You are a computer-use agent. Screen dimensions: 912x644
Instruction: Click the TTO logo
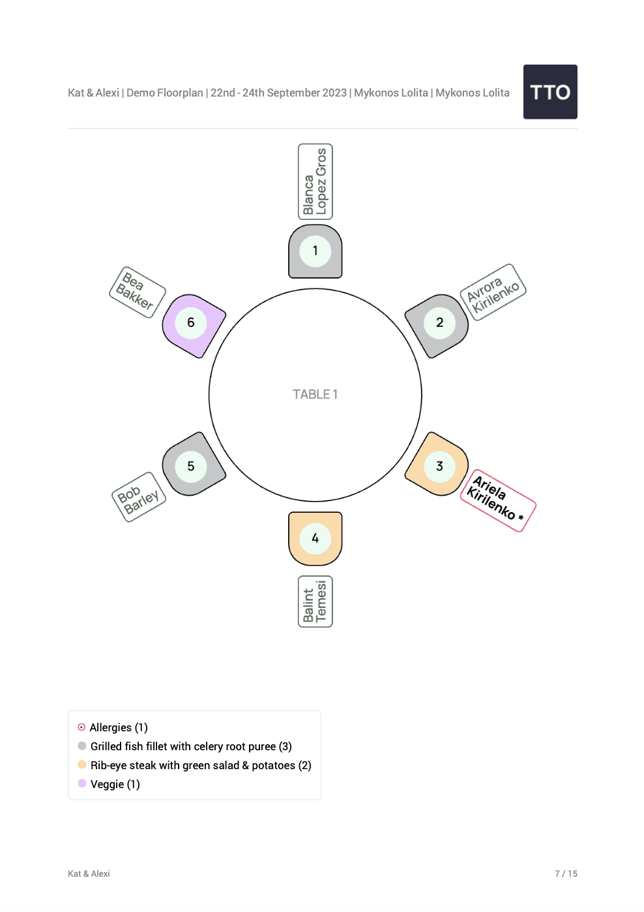(x=550, y=92)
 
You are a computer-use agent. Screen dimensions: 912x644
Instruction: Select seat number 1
(x=315, y=251)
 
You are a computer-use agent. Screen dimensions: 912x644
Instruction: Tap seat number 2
(x=439, y=323)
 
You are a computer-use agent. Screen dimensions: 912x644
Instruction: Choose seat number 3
(x=439, y=466)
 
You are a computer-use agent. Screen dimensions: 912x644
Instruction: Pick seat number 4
(x=315, y=538)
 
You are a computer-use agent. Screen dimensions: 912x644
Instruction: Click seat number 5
(x=191, y=466)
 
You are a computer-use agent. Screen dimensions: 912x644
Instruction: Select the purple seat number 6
(x=191, y=323)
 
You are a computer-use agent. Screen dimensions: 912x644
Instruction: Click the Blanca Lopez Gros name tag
(x=315, y=181)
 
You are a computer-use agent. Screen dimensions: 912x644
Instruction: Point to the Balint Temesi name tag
(x=315, y=601)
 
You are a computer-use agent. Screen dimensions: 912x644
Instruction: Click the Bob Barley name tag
(x=139, y=497)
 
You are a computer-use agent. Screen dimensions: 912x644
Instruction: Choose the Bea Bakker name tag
(x=137, y=292)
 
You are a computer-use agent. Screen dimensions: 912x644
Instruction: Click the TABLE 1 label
(x=315, y=395)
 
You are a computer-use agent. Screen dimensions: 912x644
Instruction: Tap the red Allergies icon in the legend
(x=81, y=727)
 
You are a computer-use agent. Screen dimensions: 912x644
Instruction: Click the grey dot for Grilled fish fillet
(x=82, y=746)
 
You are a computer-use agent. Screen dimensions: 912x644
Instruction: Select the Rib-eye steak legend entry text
(x=201, y=765)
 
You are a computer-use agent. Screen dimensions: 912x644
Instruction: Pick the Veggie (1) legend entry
(x=115, y=784)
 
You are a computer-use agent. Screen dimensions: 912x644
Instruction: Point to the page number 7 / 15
(x=566, y=874)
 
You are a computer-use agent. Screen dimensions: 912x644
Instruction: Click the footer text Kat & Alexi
(x=89, y=874)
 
